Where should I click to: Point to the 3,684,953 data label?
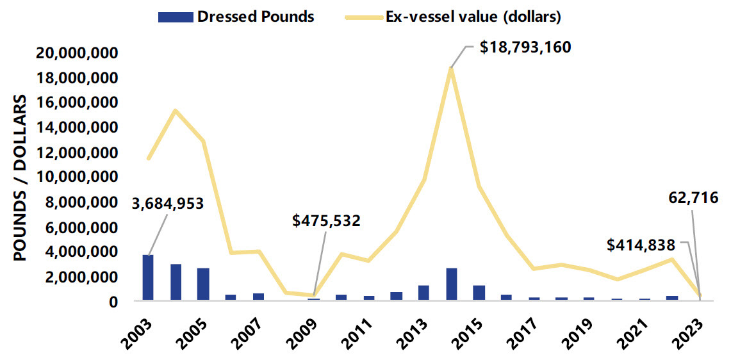click(x=168, y=204)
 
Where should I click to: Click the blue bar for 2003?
click(x=148, y=277)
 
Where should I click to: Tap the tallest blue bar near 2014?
click(x=451, y=284)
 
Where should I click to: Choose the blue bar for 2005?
click(x=203, y=284)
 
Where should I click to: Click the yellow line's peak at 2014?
click(x=451, y=69)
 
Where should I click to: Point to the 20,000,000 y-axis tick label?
click(x=79, y=53)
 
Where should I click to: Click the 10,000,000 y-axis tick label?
click(x=79, y=177)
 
